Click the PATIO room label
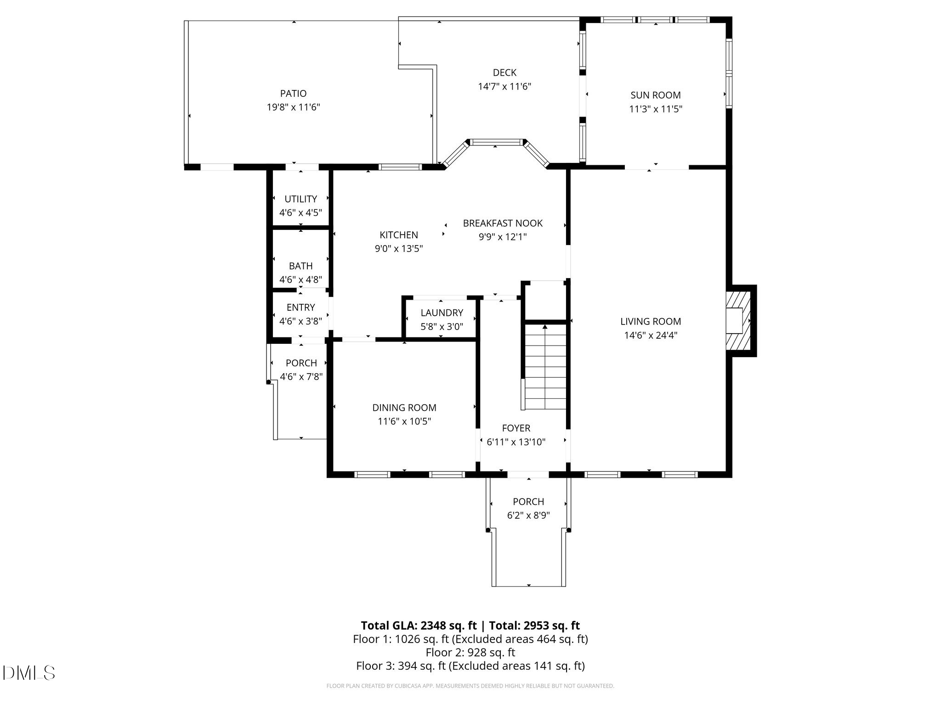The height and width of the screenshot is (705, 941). [x=293, y=94]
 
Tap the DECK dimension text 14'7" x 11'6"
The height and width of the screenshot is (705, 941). [x=505, y=86]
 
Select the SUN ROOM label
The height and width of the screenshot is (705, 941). [x=656, y=95]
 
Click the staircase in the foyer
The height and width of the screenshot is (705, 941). [x=545, y=366]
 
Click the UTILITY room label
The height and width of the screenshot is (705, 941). [x=300, y=199]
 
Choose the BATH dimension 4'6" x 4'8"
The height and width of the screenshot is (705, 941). [x=300, y=280]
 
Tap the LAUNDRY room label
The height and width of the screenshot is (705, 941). [x=442, y=313]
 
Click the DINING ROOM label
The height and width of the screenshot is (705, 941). [x=404, y=408]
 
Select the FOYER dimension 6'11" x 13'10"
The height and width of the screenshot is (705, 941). [x=516, y=442]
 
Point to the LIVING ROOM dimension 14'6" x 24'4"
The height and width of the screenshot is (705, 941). [x=651, y=336]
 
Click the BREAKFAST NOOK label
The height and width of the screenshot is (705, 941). [x=503, y=224]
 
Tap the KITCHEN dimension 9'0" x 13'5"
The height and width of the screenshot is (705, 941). [x=399, y=249]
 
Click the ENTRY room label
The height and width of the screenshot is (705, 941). [x=301, y=308]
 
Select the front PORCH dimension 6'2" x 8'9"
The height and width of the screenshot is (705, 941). [x=528, y=515]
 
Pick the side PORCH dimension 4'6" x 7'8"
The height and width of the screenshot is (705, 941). [x=301, y=377]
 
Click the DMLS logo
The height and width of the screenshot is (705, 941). [x=29, y=673]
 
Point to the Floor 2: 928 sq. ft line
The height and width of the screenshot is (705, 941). [x=470, y=652]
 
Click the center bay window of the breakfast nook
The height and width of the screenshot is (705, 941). [x=495, y=142]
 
